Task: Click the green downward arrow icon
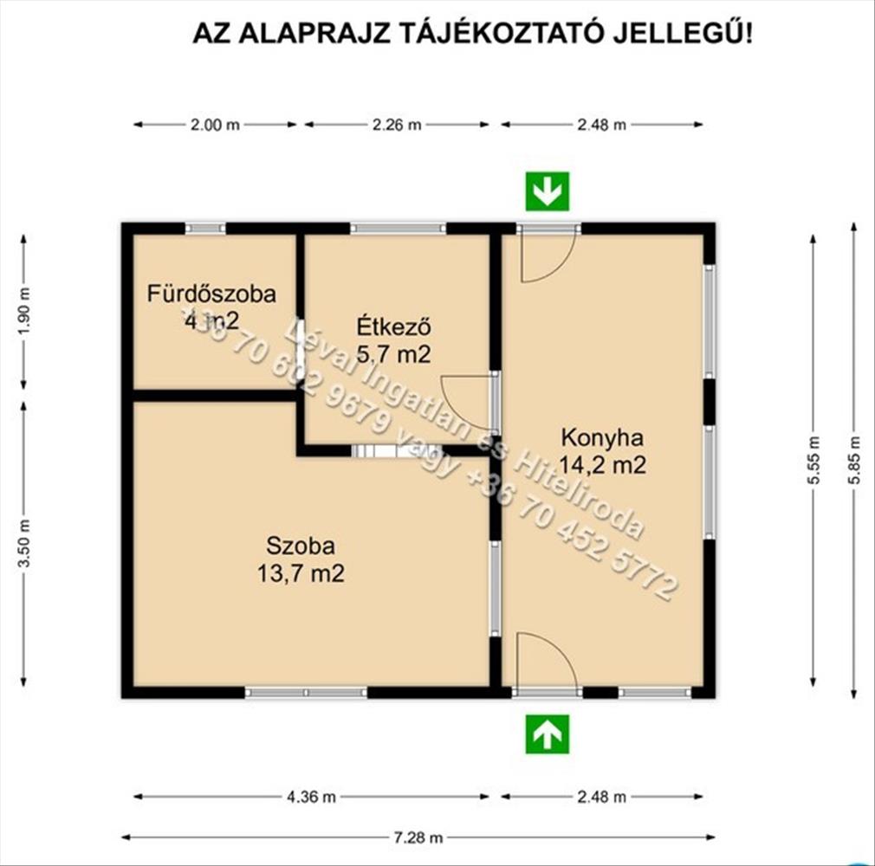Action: tap(548, 191)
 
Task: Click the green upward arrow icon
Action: tap(548, 734)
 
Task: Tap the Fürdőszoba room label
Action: tap(211, 294)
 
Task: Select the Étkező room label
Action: tap(394, 326)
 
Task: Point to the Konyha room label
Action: tap(602, 437)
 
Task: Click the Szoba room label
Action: tap(301, 546)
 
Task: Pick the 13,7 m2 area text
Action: tap(301, 573)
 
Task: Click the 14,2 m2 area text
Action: tap(603, 465)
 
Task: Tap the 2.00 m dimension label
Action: tap(215, 125)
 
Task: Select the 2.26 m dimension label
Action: tap(397, 125)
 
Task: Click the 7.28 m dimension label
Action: tap(418, 837)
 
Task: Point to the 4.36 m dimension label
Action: tap(311, 797)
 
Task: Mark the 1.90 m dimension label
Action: tap(24, 312)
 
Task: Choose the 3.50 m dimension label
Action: tap(24, 543)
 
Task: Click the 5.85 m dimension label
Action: tap(854, 461)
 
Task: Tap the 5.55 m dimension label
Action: tap(813, 461)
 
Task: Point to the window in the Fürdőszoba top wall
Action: tap(205, 228)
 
